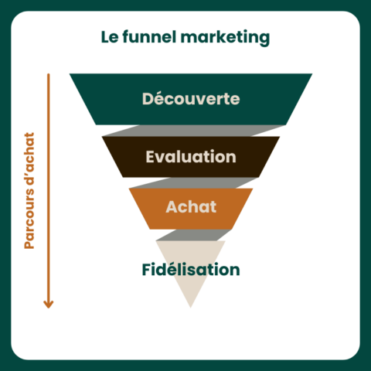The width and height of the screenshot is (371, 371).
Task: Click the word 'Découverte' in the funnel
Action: [191, 100]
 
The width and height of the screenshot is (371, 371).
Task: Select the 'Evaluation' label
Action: [191, 157]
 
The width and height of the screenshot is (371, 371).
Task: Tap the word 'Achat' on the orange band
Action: [191, 207]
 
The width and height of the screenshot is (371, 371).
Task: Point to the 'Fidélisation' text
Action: [191, 270]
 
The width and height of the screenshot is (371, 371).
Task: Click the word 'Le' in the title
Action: [108, 37]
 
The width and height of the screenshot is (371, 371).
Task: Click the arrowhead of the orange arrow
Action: [49, 303]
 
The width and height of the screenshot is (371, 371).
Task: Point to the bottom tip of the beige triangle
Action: [190, 307]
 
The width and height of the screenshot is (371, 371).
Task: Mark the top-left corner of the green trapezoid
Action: [70, 75]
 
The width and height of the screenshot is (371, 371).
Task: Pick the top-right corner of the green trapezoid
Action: [311, 75]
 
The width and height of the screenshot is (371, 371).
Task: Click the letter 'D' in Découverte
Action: [148, 100]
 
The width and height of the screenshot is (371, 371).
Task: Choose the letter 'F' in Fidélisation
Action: [146, 270]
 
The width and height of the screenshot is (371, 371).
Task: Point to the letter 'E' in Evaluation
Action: [150, 157]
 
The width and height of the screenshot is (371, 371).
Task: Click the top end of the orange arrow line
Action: [49, 75]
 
